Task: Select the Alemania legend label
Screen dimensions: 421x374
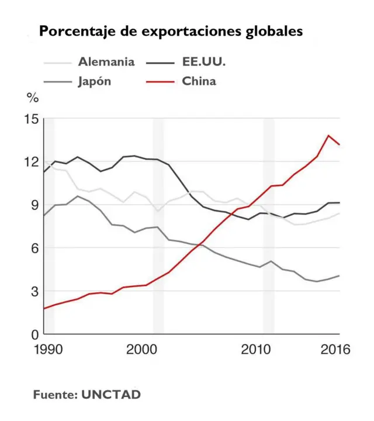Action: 106,61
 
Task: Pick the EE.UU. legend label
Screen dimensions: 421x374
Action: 204,61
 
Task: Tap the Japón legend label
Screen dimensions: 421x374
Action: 95,81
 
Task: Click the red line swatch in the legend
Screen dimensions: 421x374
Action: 160,82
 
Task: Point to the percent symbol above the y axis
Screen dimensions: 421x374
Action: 33,98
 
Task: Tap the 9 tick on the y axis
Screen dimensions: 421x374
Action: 34,205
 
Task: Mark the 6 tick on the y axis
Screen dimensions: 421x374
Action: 34,248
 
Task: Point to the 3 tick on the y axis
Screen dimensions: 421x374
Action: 34,291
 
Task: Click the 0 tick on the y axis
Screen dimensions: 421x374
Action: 34,334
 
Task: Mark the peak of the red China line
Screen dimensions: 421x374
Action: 328,135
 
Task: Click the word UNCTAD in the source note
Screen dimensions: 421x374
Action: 111,395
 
